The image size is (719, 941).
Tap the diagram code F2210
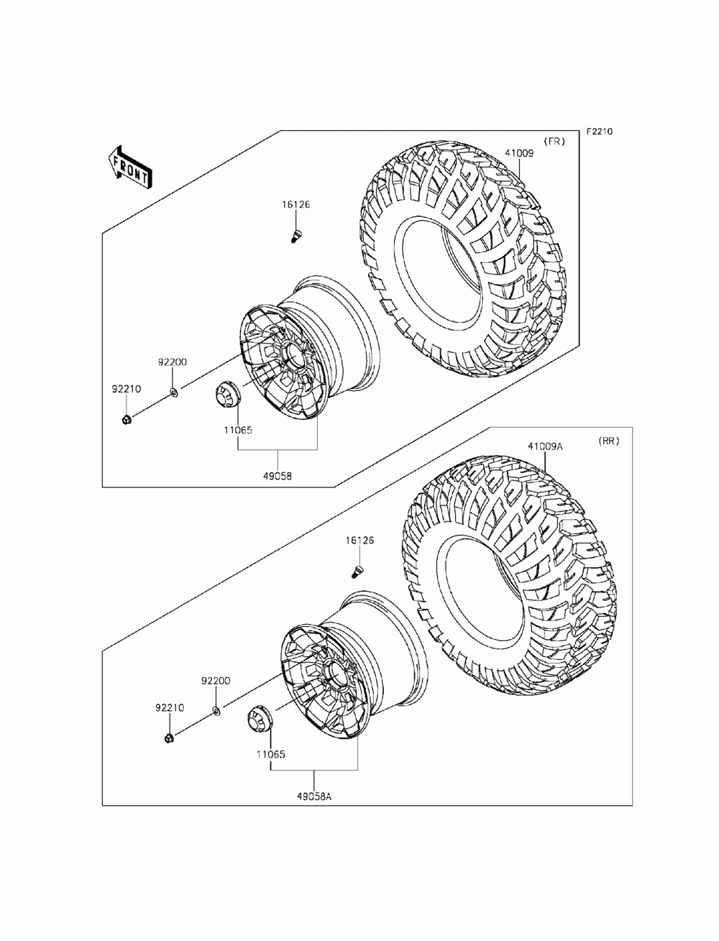599,132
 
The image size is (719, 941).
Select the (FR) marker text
554,142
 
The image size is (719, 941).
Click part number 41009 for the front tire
518,152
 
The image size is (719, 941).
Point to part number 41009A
545,446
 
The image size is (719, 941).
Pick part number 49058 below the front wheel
278,475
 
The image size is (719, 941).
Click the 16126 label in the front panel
296,205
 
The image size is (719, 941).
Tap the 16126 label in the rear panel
359,540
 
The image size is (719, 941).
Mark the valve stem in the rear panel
357,571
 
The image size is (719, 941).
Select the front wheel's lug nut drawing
126,418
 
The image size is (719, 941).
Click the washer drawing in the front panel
173,392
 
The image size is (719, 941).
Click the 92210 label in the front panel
125,389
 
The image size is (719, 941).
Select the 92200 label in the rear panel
215,681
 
